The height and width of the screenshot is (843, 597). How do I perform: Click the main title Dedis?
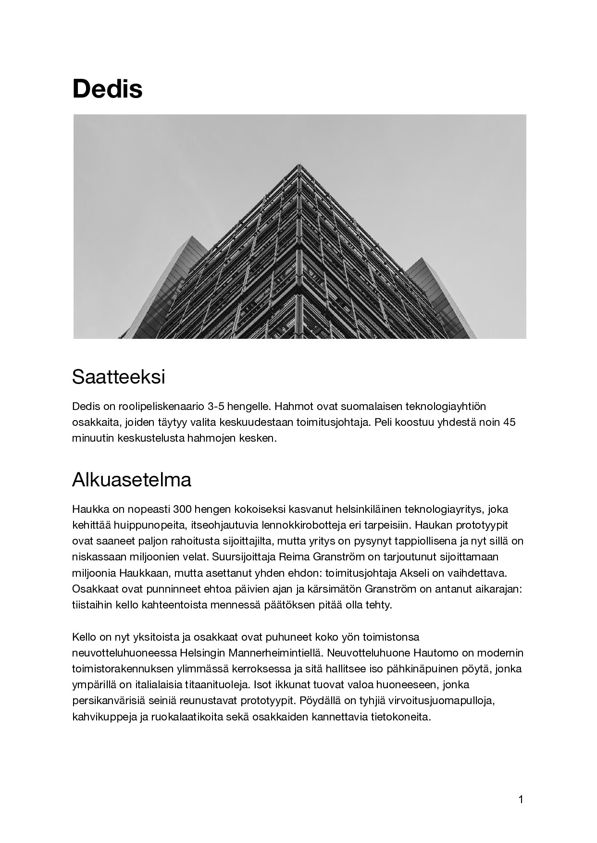(x=107, y=89)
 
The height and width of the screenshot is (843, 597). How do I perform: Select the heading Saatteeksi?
(x=118, y=377)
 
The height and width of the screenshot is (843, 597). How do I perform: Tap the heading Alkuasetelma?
(x=132, y=480)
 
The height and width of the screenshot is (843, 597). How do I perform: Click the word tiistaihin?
(x=92, y=604)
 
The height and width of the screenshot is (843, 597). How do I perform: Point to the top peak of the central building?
(x=299, y=165)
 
